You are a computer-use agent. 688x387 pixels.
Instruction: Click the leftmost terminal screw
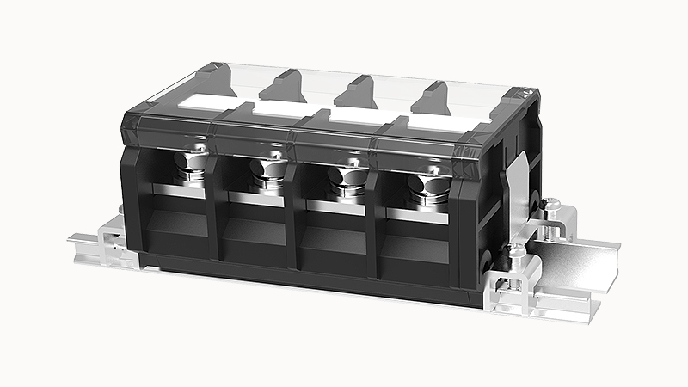pyautogui.click(x=190, y=169)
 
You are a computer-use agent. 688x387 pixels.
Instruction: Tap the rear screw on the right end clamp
pyautogui.click(x=552, y=207)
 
